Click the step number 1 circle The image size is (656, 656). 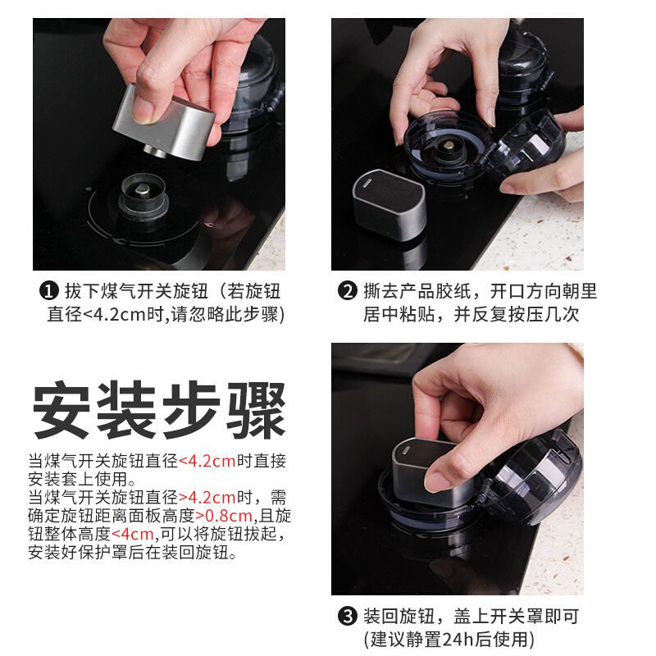[x=48, y=291]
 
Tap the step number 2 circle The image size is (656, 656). [x=347, y=291]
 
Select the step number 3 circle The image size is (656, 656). [x=347, y=617]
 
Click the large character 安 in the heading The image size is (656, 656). [x=61, y=409]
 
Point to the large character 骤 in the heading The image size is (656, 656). [x=257, y=409]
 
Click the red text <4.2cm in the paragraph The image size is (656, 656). [x=207, y=461]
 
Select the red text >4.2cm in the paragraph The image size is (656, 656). [x=207, y=498]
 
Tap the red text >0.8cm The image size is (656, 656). [x=224, y=516]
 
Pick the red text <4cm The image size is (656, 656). [x=133, y=534]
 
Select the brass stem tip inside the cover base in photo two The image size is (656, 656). [x=449, y=146]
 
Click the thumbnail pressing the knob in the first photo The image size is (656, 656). [x=144, y=110]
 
